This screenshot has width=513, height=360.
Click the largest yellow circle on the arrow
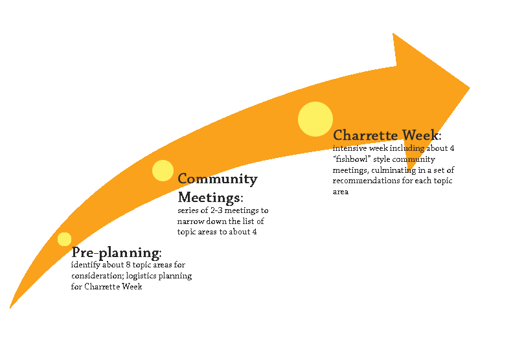(315, 119)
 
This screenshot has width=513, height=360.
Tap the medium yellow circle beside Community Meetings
(163, 170)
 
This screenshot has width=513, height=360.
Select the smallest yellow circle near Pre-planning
(64, 239)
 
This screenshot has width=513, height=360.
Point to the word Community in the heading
(218, 179)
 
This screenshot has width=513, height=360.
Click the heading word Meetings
(209, 197)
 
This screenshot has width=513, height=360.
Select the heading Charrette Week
(386, 135)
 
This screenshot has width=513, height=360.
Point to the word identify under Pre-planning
(85, 265)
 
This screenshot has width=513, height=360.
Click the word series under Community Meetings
(188, 210)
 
